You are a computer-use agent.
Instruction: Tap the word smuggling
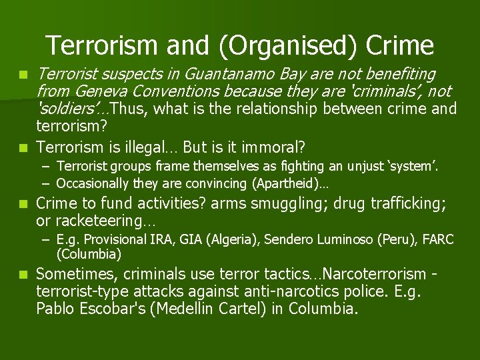[239, 203]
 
